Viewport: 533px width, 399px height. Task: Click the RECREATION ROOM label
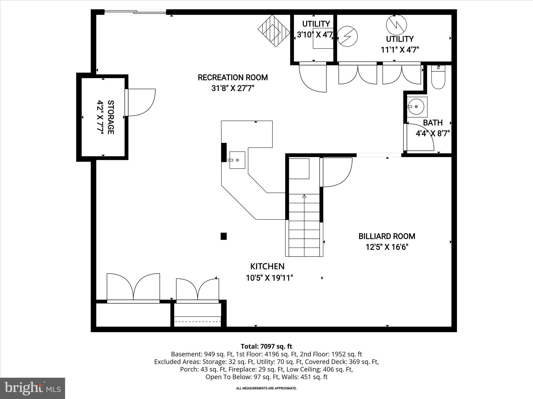pyautogui.click(x=233, y=77)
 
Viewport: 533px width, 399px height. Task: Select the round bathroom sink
pyautogui.click(x=416, y=107)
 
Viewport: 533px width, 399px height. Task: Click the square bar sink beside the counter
pyautogui.click(x=237, y=160)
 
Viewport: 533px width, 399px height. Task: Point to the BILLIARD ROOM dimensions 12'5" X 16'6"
pyautogui.click(x=387, y=247)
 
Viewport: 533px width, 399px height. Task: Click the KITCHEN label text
pyautogui.click(x=267, y=266)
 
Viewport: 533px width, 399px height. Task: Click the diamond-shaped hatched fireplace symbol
pyautogui.click(x=274, y=31)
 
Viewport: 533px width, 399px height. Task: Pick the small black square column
pyautogui.click(x=224, y=236)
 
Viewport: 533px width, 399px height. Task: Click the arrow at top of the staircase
pyautogui.click(x=304, y=196)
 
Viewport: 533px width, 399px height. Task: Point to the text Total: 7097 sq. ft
pyautogui.click(x=266, y=346)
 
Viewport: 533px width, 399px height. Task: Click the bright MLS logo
pyautogui.click(x=33, y=388)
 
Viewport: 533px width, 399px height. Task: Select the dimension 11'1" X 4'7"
pyautogui.click(x=400, y=50)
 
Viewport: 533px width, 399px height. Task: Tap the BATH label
pyautogui.click(x=433, y=123)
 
